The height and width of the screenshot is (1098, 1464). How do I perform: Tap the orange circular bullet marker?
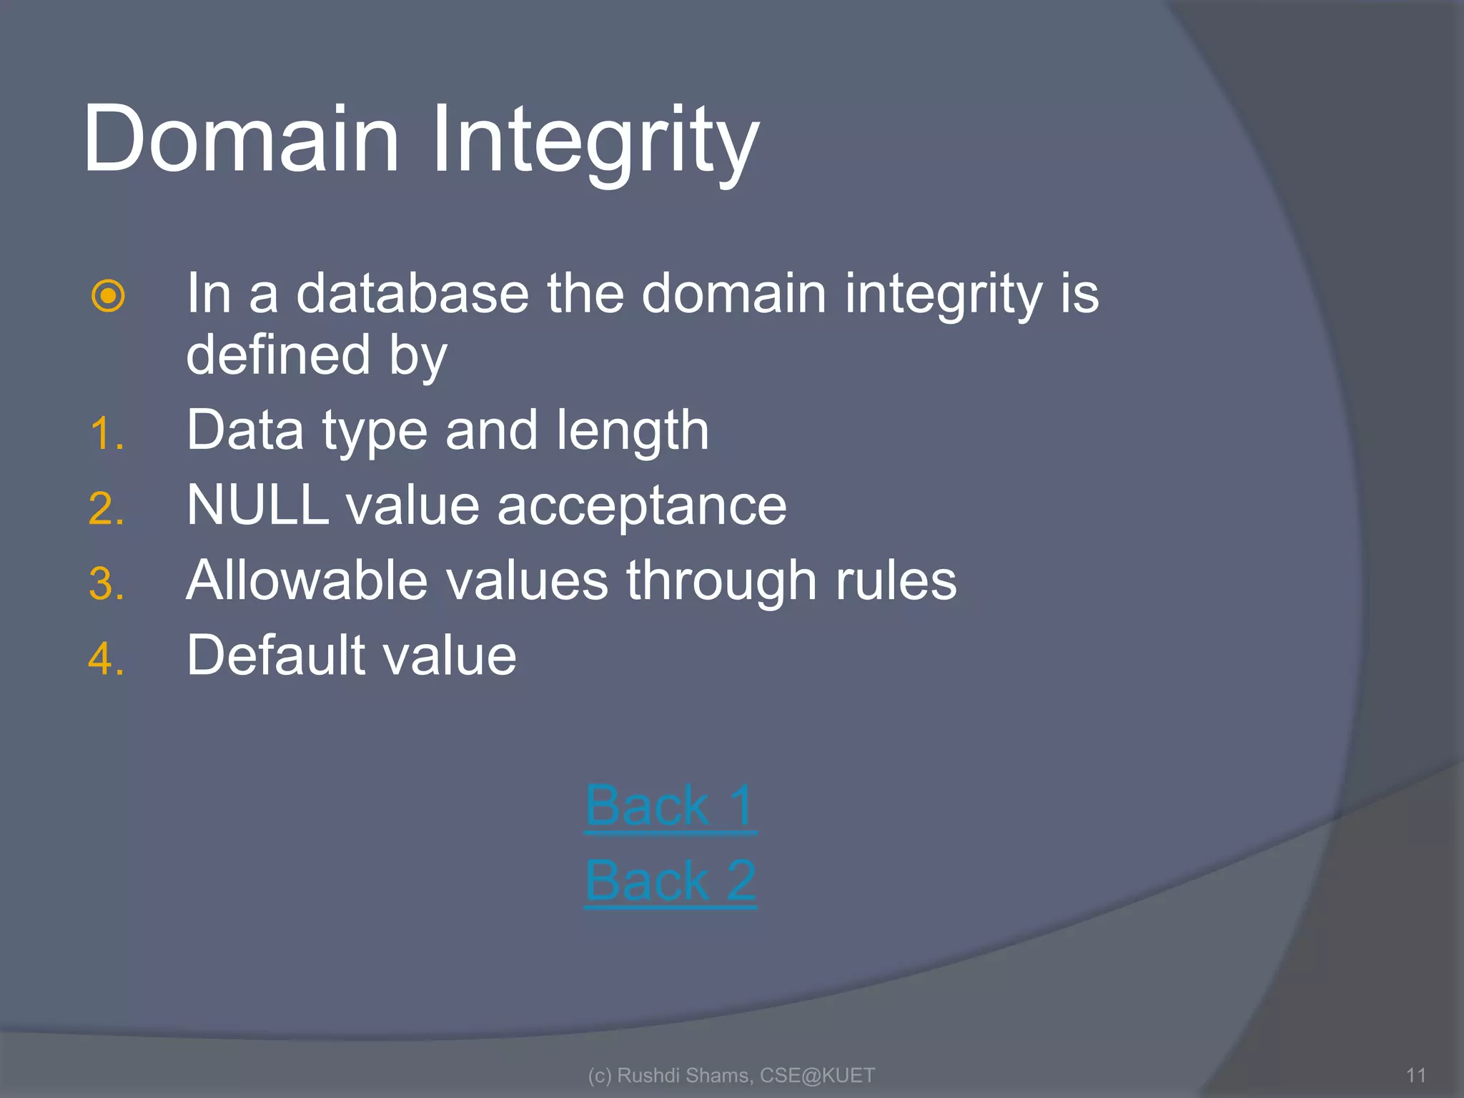pos(109,295)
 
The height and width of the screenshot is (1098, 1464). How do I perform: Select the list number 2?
pos(106,509)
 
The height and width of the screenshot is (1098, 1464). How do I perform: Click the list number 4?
pos(106,658)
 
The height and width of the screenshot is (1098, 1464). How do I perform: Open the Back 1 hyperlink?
pos(670,806)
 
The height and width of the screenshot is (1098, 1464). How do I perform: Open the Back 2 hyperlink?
pos(670,881)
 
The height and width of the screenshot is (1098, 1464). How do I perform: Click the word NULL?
pos(258,505)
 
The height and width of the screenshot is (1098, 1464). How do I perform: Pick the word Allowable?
pos(307,580)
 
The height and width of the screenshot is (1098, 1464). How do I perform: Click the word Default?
pos(276,655)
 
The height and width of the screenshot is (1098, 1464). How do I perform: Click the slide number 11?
pos(1415,1075)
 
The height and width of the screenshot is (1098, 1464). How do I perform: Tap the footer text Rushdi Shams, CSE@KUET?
pos(731,1075)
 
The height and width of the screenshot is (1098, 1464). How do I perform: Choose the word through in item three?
pos(722,581)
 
